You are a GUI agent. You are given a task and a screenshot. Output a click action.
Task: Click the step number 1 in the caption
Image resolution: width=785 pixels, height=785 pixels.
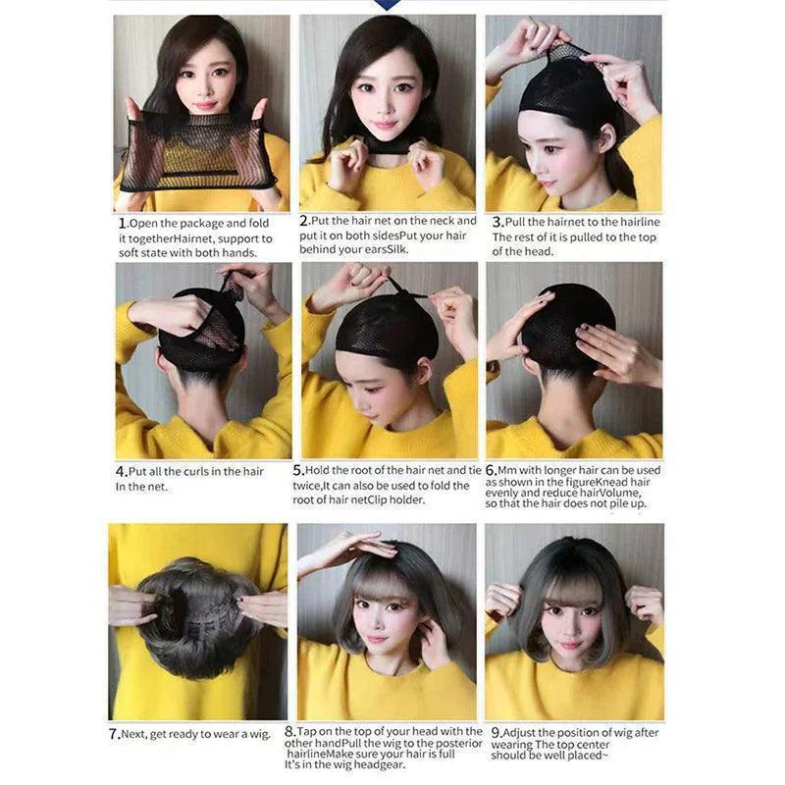[122, 223]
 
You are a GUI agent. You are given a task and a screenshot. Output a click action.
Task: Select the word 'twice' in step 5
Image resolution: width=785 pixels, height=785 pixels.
[308, 485]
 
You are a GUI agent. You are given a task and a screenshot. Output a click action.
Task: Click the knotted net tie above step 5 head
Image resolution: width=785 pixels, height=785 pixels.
[396, 288]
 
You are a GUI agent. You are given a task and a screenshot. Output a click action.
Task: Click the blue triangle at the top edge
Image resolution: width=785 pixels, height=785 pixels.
[390, 5]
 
